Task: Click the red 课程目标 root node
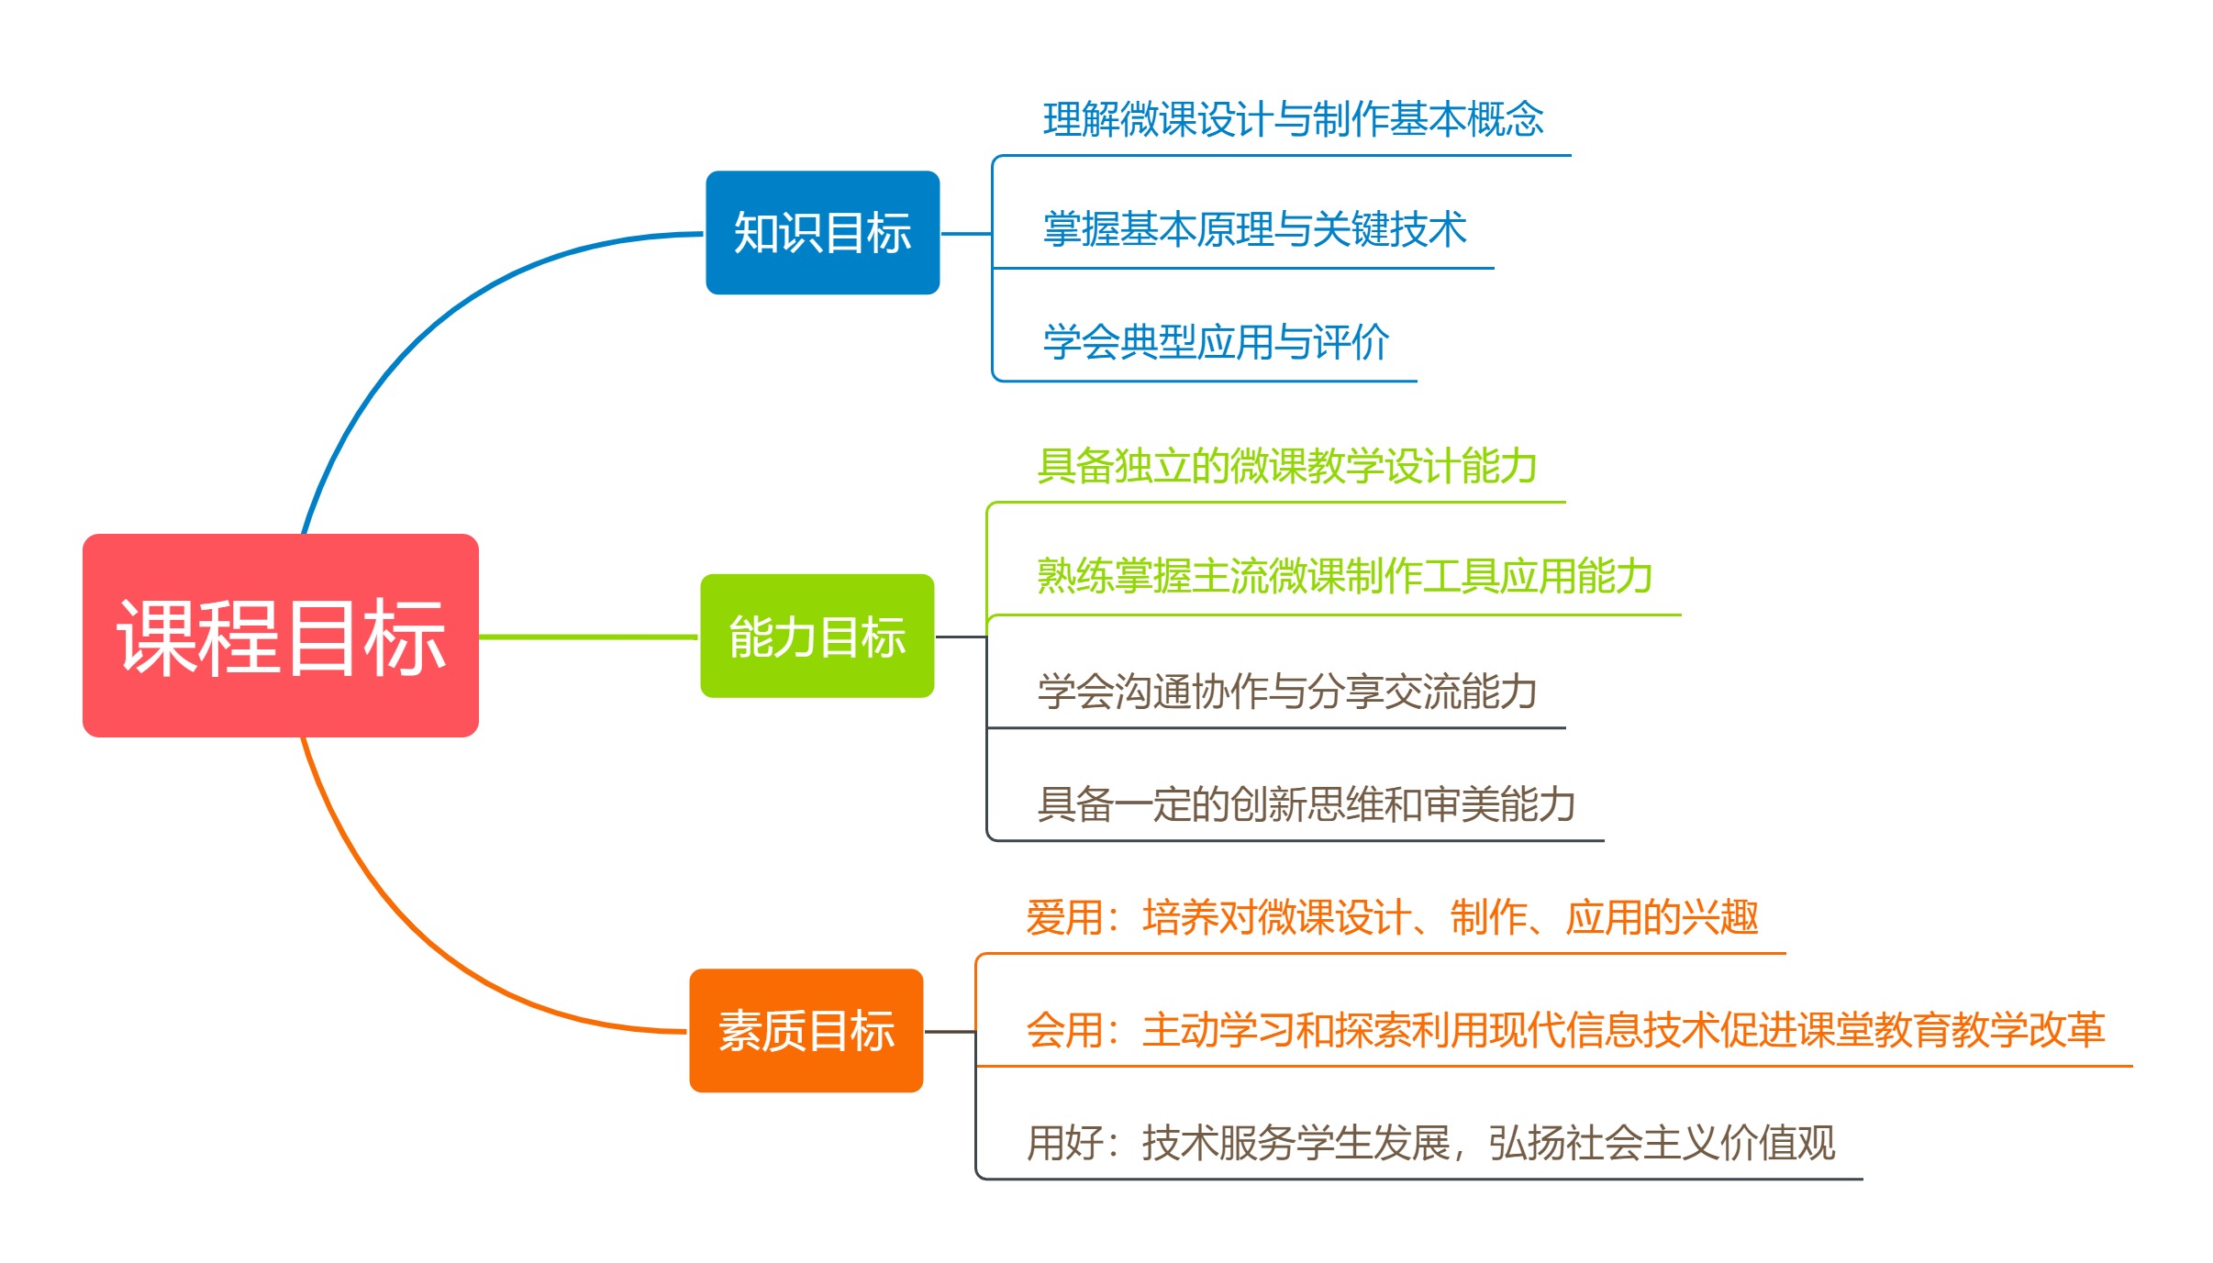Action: click(x=280, y=635)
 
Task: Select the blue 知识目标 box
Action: click(x=822, y=232)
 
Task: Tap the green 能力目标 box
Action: click(x=817, y=636)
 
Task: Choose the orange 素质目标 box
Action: click(x=806, y=1030)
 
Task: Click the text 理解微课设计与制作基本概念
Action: click(x=1293, y=119)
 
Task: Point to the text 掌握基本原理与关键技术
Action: click(x=1254, y=229)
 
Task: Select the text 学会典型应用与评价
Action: click(x=1216, y=342)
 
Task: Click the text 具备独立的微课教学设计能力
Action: click(x=1286, y=466)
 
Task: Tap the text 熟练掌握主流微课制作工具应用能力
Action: click(x=1344, y=576)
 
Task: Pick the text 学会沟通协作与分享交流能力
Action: click(x=1286, y=691)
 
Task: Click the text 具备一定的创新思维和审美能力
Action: click(x=1306, y=803)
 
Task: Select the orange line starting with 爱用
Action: click(x=1391, y=917)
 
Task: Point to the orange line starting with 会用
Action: click(x=1564, y=1030)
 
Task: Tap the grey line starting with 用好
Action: click(x=1430, y=1143)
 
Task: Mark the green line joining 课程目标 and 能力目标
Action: click(x=587, y=636)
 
